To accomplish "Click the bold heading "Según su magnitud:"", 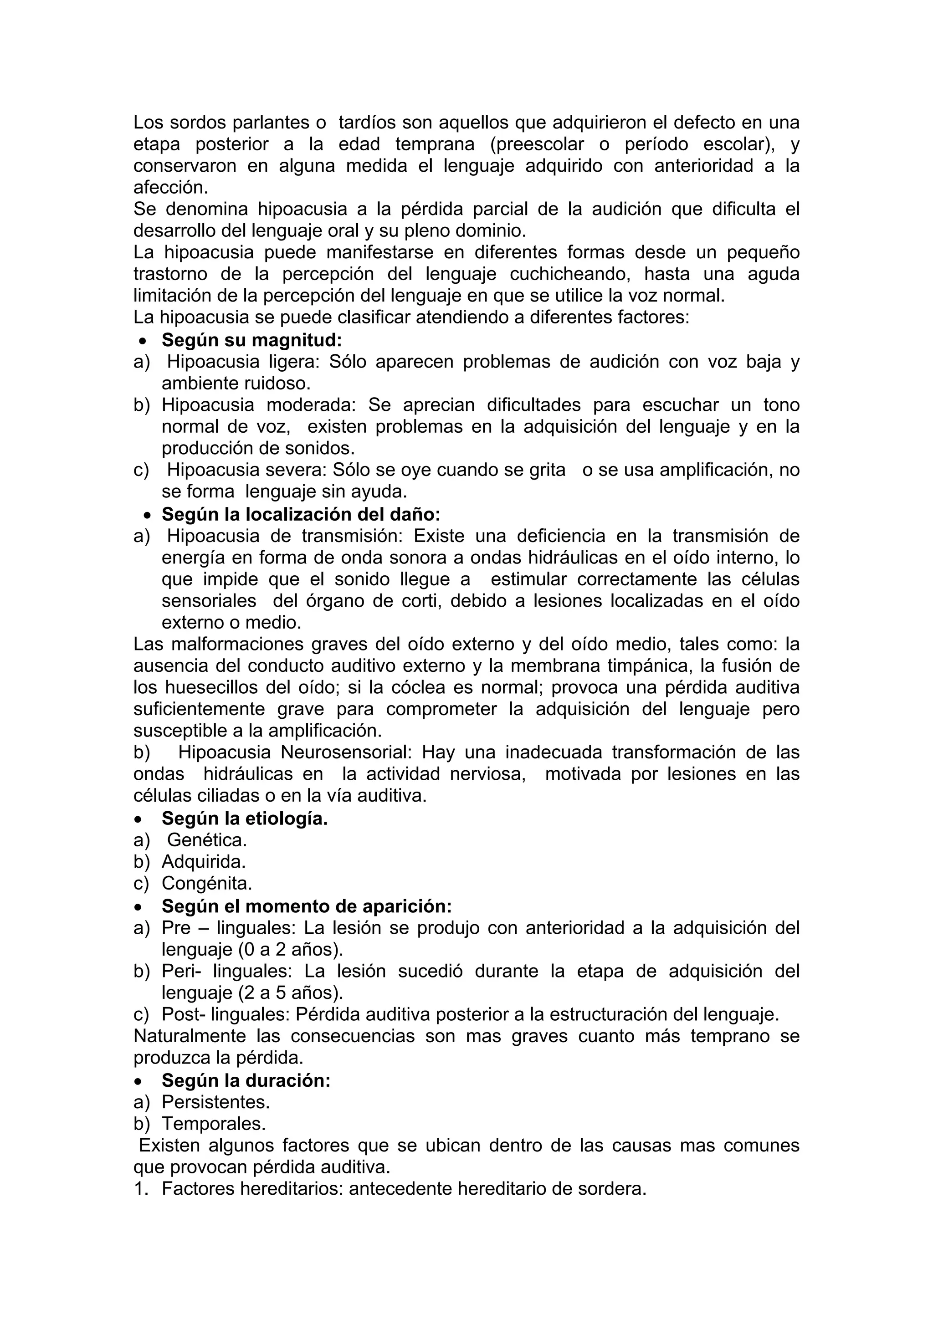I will [252, 340].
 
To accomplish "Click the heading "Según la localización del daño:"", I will [301, 513].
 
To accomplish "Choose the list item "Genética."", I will [207, 840].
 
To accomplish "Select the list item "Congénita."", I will [207, 883].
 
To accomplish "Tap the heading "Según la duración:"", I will [246, 1080].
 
